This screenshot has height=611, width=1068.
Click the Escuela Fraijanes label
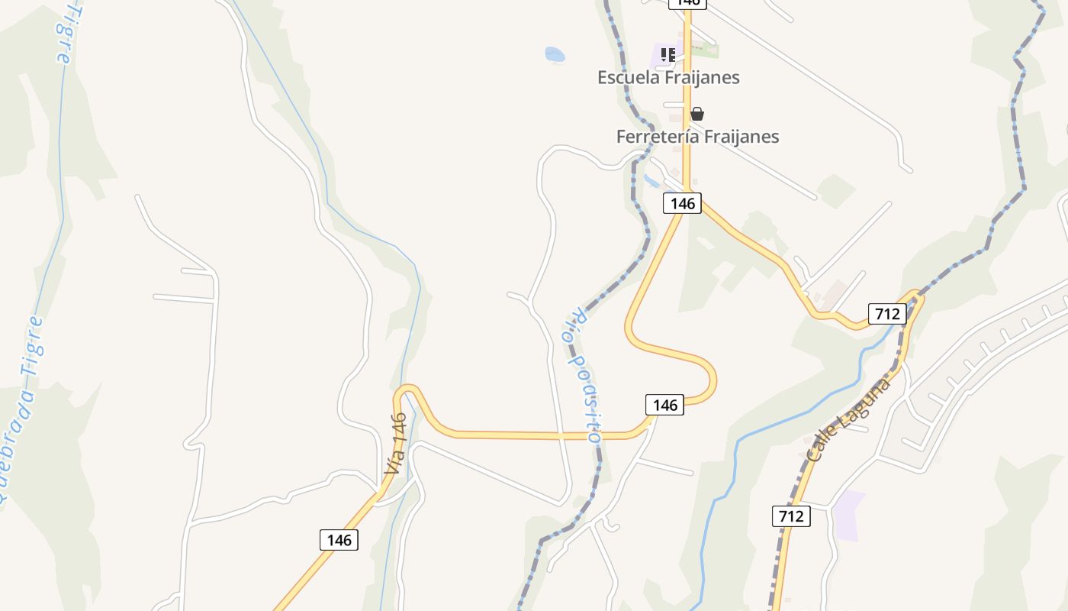click(668, 77)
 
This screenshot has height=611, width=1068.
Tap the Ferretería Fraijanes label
click(697, 137)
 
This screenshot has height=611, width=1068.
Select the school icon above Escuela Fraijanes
click(668, 54)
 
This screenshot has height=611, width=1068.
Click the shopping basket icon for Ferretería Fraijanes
click(696, 114)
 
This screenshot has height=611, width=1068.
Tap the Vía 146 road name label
click(396, 444)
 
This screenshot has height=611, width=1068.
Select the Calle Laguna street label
click(849, 419)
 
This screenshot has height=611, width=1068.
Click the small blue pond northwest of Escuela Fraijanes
click(555, 54)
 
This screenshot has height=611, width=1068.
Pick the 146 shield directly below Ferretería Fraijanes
click(682, 203)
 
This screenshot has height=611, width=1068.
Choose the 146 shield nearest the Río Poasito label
click(665, 405)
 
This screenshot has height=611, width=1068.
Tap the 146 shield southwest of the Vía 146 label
click(339, 540)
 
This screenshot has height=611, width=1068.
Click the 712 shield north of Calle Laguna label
click(887, 313)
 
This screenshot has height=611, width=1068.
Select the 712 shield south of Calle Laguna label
click(791, 516)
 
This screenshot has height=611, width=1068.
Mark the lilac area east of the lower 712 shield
click(848, 516)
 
